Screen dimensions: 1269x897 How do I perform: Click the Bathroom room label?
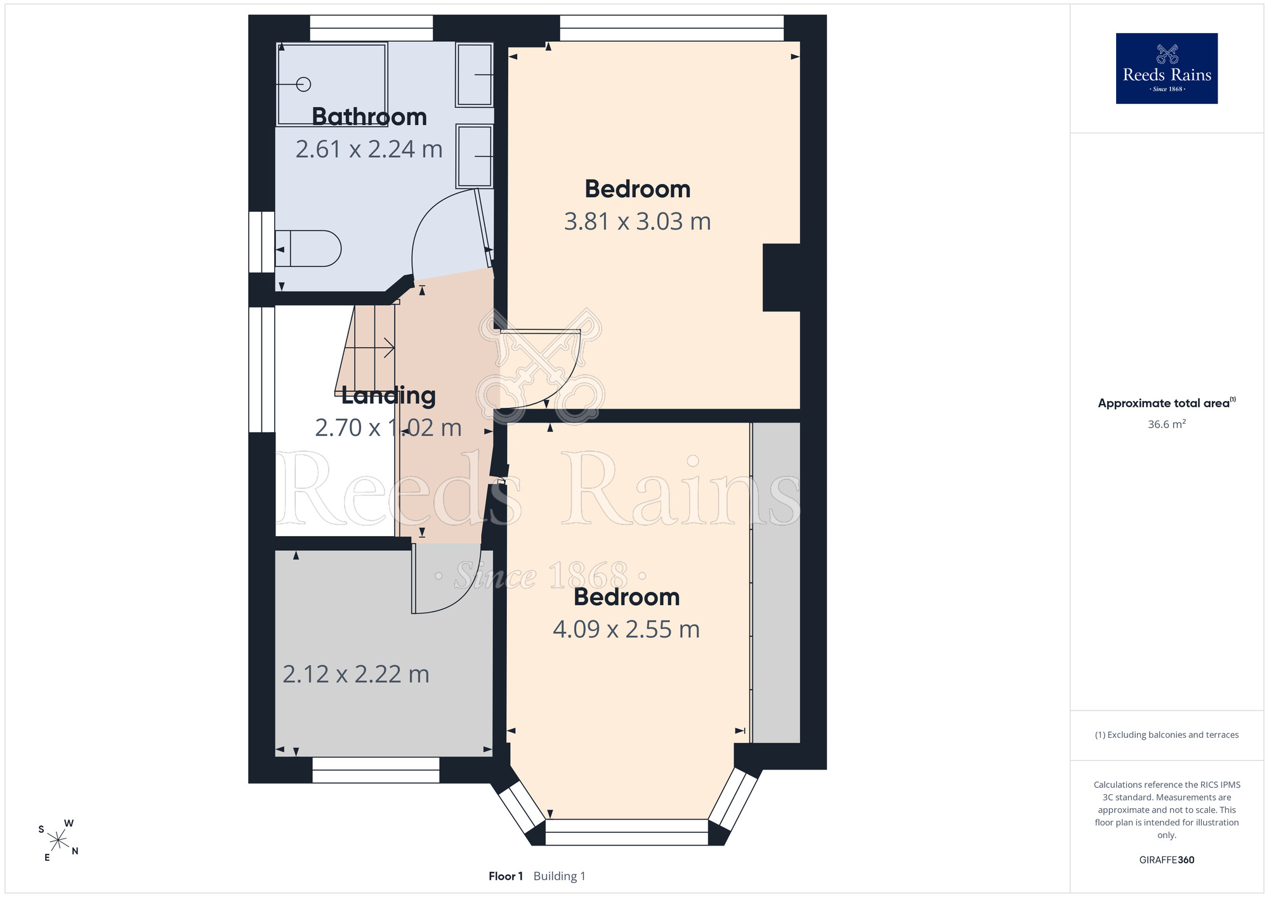tap(369, 117)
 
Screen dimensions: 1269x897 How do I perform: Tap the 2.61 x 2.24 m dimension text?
tap(369, 149)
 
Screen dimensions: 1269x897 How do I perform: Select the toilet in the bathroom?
tap(308, 248)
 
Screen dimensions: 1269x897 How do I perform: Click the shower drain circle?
tap(304, 84)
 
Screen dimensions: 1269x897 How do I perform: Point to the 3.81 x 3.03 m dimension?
tap(638, 221)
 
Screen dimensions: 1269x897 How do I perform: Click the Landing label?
tap(388, 395)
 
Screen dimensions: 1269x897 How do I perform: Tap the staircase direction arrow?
tap(369, 348)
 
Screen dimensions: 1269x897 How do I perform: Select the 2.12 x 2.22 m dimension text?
tap(356, 674)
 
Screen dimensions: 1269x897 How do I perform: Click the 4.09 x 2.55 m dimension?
tap(626, 629)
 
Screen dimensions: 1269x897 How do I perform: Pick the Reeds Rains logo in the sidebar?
tap(1167, 69)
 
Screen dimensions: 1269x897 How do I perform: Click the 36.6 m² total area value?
tap(1167, 424)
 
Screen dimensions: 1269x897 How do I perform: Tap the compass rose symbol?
tap(58, 841)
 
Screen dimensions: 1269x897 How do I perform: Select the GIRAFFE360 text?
tap(1167, 860)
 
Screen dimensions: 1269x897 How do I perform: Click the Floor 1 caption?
tap(506, 876)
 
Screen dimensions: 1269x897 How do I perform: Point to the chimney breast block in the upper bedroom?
tap(781, 277)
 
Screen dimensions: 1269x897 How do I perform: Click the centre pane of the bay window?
tap(627, 832)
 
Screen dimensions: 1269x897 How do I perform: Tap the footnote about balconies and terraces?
tap(1167, 735)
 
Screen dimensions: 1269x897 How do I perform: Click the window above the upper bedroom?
tap(672, 28)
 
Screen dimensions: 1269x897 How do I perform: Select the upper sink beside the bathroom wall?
tap(474, 75)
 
